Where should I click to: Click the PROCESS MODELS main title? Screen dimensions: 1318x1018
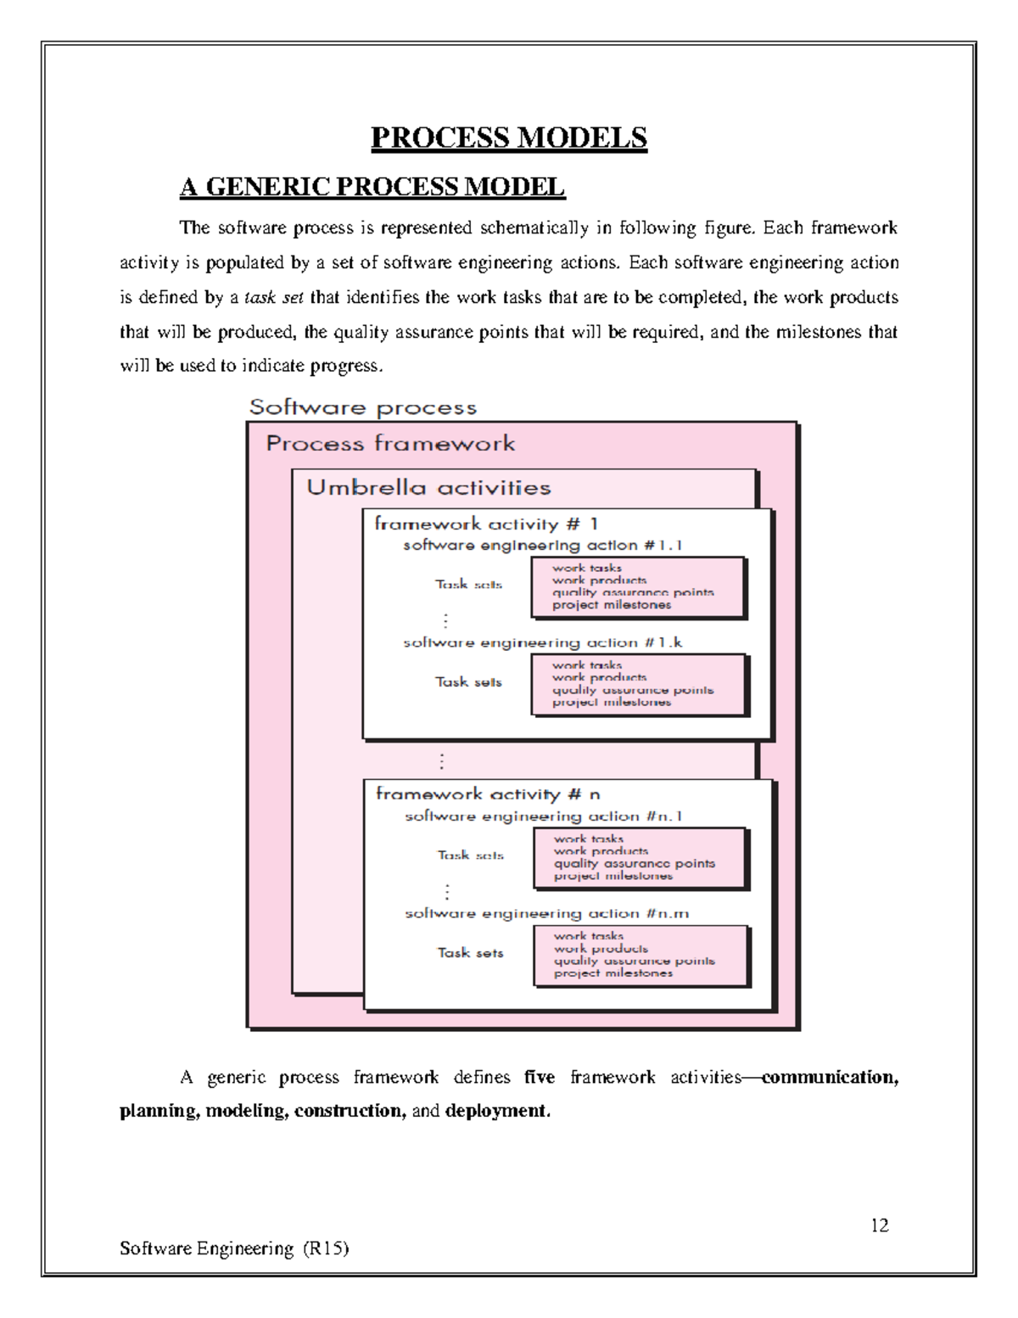pos(509,137)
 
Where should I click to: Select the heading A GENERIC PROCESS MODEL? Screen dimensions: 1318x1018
pos(372,187)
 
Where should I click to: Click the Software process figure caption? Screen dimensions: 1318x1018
pos(363,408)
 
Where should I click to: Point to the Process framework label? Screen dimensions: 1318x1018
pos(390,444)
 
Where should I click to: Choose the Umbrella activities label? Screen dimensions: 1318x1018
pos(428,488)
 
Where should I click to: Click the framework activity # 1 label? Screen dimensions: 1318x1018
pos(486,524)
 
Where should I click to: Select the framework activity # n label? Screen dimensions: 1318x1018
pos(488,794)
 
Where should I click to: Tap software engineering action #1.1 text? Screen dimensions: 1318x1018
pos(542,546)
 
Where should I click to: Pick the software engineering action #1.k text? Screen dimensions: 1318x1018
pos(542,643)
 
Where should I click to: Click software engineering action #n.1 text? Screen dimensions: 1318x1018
pos(544,816)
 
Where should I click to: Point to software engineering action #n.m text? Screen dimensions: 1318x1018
pos(546,914)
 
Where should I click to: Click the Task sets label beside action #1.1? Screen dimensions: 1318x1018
pos(468,585)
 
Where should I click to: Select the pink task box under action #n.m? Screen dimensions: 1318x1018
pos(640,955)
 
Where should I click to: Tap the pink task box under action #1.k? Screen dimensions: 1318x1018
pos(638,684)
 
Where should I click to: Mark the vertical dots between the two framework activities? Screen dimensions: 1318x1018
pos(441,761)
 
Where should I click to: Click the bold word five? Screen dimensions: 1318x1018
pos(540,1078)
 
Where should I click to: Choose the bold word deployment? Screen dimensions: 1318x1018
pos(497,1112)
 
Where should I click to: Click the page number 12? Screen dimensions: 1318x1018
pos(879,1225)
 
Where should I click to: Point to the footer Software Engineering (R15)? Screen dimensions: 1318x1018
pos(234,1248)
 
